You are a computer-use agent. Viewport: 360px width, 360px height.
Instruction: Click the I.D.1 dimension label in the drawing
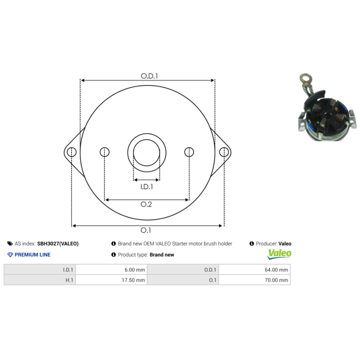coord(147,187)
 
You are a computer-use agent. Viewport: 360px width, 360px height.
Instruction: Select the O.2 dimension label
coord(146,205)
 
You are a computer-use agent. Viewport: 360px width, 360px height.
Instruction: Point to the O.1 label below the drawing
coord(146,230)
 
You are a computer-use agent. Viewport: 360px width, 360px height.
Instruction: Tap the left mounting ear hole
coord(71,152)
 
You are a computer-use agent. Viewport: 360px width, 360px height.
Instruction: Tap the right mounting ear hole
coord(223,152)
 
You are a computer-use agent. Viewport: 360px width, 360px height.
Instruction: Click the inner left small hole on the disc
coord(104,152)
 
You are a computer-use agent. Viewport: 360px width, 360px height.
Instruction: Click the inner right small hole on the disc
coord(189,152)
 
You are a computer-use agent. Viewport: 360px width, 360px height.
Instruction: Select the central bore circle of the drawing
coord(147,152)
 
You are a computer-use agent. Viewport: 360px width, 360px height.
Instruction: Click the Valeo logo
coord(279,254)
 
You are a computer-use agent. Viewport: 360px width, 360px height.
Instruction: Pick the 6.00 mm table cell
coord(135,270)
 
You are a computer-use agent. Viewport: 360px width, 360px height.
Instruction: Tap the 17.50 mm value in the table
coord(134,280)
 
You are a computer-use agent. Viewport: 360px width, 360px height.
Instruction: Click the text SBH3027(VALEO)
coord(58,243)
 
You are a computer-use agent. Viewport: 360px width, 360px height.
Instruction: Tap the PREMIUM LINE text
coord(32,255)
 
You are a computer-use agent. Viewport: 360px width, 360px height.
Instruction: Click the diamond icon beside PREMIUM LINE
coord(10,255)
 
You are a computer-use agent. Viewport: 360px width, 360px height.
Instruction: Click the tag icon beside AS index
coord(10,243)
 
